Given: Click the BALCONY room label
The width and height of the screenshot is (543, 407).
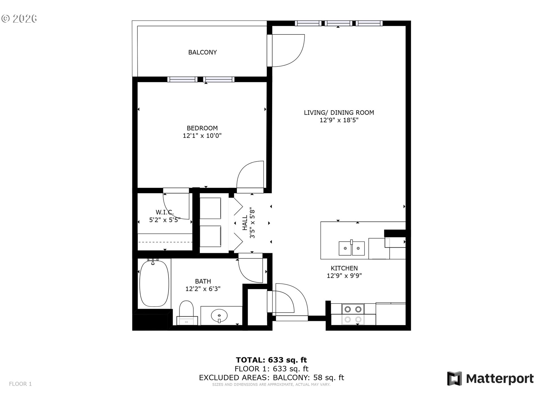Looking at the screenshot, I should tap(202, 52).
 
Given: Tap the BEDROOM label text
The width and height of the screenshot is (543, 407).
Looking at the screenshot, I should tap(202, 128).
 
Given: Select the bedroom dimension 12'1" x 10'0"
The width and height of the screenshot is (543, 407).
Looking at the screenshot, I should tap(202, 136).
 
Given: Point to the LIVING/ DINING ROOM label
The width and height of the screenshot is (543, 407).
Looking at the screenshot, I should tap(339, 112).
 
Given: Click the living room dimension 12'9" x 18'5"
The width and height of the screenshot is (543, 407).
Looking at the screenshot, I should tap(339, 120).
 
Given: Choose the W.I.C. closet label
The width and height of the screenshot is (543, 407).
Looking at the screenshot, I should tap(165, 212).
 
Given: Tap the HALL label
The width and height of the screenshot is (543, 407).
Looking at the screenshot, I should tap(245, 223).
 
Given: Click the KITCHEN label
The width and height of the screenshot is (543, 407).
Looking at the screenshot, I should tap(344, 268).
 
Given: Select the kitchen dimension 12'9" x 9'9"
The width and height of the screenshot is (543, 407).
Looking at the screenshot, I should tap(344, 276).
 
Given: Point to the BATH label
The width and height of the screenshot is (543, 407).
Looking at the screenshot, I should tap(203, 281).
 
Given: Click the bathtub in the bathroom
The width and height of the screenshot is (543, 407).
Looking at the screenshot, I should tap(154, 283).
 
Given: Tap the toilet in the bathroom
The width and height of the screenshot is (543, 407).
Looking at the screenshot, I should tap(186, 311).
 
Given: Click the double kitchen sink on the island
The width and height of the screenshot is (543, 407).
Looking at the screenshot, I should tap(352, 248).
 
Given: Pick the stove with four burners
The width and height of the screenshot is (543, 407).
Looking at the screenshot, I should tap(353, 314).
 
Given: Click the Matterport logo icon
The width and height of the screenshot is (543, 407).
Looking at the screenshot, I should tap(454, 378).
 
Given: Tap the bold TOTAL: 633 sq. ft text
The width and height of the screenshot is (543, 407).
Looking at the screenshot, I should tap(271, 360).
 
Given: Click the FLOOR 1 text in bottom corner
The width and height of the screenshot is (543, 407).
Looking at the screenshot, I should tap(20, 384).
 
